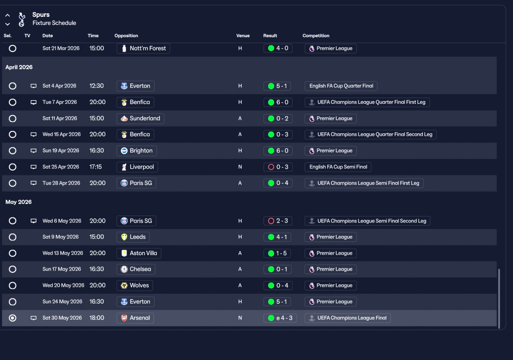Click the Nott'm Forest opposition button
pyautogui.click(x=143, y=48)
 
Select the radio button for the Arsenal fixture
pyautogui.click(x=12, y=318)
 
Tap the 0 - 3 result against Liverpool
pyautogui.click(x=278, y=167)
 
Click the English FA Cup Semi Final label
pyautogui.click(x=338, y=167)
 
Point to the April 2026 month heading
pyautogui.click(x=19, y=67)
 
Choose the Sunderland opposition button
pyautogui.click(x=140, y=119)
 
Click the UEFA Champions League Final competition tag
pyautogui.click(x=347, y=318)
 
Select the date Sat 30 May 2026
pyautogui.click(x=62, y=318)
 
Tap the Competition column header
pyautogui.click(x=316, y=36)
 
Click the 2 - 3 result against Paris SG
pyautogui.click(x=278, y=221)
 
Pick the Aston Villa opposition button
pyautogui.click(x=139, y=253)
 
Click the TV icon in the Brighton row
pyautogui.click(x=34, y=151)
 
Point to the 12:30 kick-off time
pyautogui.click(x=97, y=86)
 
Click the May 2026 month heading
pyautogui.click(x=18, y=202)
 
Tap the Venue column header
pyautogui.click(x=243, y=36)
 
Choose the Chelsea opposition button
pyautogui.click(x=136, y=269)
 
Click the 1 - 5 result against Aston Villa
pyautogui.click(x=278, y=253)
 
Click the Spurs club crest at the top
pyautogui.click(x=22, y=19)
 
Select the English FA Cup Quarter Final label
pyautogui.click(x=341, y=86)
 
